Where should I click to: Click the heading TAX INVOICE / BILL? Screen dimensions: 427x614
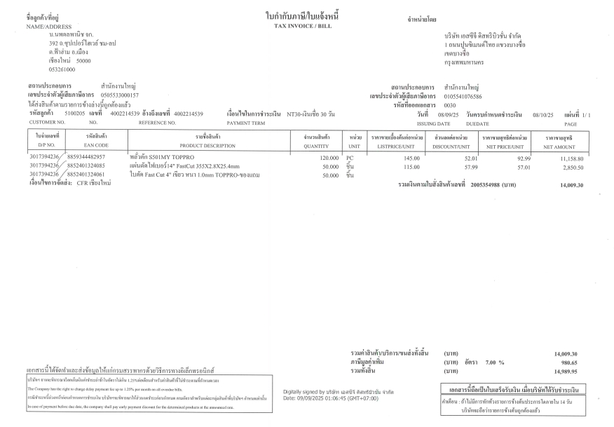[306, 26]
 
